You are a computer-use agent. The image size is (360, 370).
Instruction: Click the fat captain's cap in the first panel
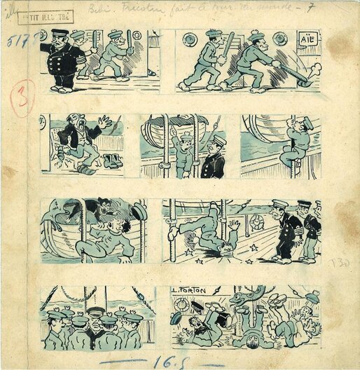point(59,34)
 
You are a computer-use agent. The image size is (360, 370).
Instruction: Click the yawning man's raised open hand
point(105,121)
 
